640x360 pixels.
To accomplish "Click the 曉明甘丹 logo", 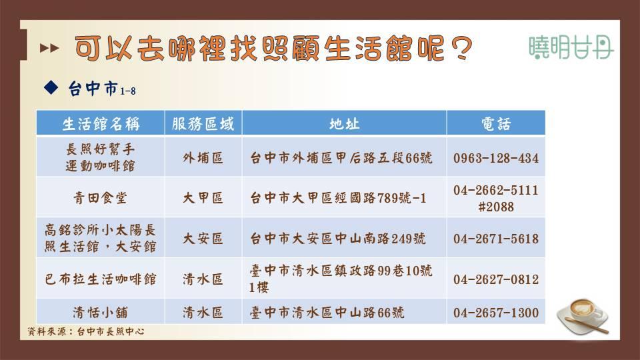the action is pyautogui.click(x=571, y=47).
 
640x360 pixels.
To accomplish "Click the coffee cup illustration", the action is pyautogui.click(x=583, y=316).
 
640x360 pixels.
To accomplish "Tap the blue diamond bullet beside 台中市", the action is pyautogui.click(x=51, y=87).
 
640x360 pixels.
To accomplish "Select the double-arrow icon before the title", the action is pyautogui.click(x=49, y=48).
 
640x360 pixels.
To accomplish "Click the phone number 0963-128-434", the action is pyautogui.click(x=496, y=158).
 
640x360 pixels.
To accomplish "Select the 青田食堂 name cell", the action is pyautogui.click(x=101, y=198).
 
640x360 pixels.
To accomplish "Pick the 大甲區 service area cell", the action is pyautogui.click(x=203, y=198).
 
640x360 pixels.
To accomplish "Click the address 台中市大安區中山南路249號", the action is pyautogui.click(x=338, y=239).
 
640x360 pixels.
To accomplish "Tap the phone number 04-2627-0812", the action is pyautogui.click(x=496, y=279).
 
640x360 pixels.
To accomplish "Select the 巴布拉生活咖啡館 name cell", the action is pyautogui.click(x=101, y=279).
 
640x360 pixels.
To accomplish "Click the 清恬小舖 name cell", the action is pyautogui.click(x=101, y=313).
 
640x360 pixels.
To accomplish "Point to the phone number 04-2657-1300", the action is pyautogui.click(x=496, y=313).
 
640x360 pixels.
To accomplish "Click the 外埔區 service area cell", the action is pyautogui.click(x=203, y=158).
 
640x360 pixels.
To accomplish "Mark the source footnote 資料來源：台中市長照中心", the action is pyautogui.click(x=86, y=331).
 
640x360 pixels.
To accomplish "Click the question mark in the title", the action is pyautogui.click(x=461, y=49).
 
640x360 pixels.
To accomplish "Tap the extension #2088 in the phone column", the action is pyautogui.click(x=496, y=207).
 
